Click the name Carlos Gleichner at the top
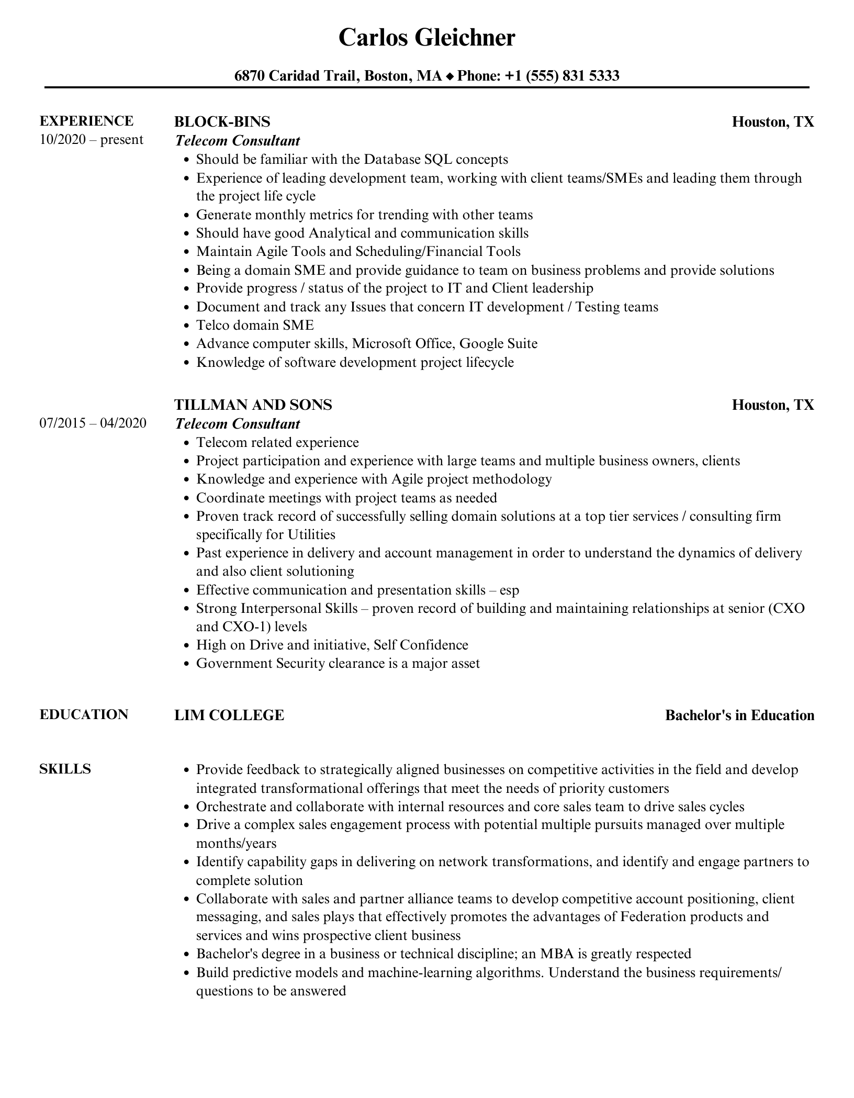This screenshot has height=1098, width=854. click(426, 38)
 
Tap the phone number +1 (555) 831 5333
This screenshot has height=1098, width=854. click(561, 76)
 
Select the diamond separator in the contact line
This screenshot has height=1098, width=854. click(450, 76)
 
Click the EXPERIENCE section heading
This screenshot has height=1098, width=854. click(86, 121)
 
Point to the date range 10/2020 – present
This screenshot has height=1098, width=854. click(91, 140)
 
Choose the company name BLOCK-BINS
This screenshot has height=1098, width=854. click(222, 122)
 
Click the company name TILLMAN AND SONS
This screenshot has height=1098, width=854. click(253, 405)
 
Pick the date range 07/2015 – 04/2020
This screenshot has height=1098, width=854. click(93, 423)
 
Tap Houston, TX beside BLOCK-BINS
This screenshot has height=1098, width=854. click(772, 122)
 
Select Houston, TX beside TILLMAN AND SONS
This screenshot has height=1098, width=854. click(772, 405)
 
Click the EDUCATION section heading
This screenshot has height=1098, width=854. click(84, 714)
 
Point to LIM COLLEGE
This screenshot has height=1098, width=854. click(229, 715)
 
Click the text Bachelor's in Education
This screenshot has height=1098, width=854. click(739, 715)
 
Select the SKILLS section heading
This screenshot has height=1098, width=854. click(65, 769)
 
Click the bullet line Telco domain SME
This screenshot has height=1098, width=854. click(255, 325)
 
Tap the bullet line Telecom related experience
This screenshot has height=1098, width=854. click(277, 442)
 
